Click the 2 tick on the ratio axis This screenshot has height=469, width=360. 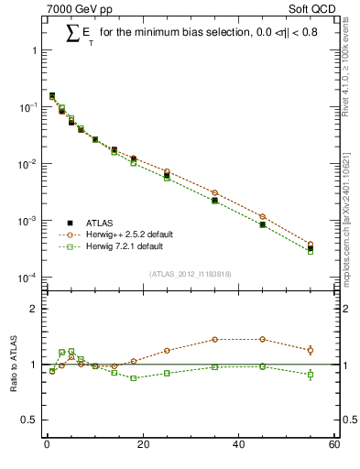[x=34, y=309]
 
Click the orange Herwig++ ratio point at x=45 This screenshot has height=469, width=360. [x=262, y=339]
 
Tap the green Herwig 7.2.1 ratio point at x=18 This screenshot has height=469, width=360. [x=134, y=377]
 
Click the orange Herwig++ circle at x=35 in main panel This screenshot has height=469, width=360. [x=214, y=193]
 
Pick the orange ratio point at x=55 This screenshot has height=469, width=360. [x=311, y=350]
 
